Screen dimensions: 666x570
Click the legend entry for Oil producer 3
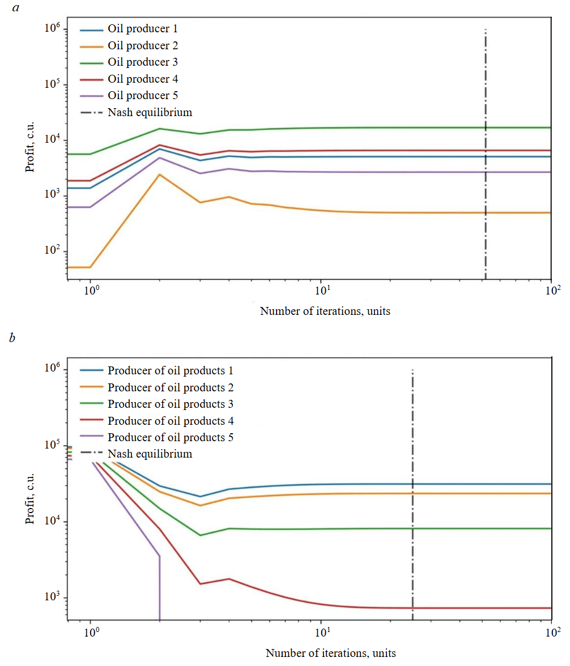(142, 62)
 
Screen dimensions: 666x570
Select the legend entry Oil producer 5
(142, 96)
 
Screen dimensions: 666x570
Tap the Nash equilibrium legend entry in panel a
(150, 112)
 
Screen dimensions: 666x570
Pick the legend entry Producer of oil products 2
(171, 388)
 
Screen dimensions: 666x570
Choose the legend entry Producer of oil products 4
(171, 421)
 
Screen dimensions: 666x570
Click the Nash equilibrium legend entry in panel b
(150, 454)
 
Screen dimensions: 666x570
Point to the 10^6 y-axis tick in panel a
(54, 29)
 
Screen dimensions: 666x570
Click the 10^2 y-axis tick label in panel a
(54, 251)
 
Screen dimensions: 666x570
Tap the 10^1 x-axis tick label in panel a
(321, 292)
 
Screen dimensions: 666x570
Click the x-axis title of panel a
(325, 311)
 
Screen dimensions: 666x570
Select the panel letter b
(12, 339)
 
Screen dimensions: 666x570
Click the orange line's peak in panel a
(160, 174)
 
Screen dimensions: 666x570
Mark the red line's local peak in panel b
(229, 579)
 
